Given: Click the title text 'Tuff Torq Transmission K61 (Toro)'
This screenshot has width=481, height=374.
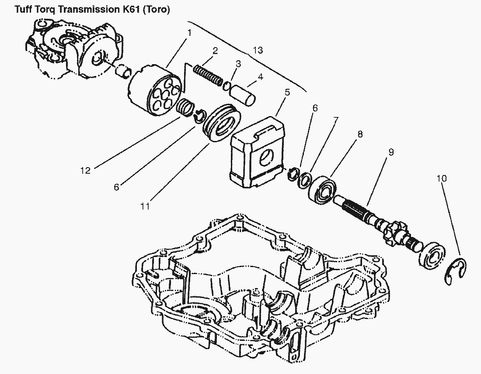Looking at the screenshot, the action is [x=92, y=10].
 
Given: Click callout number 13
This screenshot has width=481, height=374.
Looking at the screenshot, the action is [x=258, y=50].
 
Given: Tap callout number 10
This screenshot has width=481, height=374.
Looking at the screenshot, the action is [x=442, y=178].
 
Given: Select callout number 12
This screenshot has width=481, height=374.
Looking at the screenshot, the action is [x=86, y=171].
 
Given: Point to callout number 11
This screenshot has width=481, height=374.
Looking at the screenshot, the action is [x=145, y=206].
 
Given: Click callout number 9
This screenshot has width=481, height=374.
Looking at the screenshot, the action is [x=391, y=152].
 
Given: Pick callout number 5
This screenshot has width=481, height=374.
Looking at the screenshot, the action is [x=287, y=92].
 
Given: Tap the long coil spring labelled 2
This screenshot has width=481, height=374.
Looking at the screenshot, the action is [x=208, y=75].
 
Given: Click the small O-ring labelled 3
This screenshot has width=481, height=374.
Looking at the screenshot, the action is [x=227, y=86].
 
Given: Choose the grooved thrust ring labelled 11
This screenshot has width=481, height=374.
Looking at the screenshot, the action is [x=222, y=123].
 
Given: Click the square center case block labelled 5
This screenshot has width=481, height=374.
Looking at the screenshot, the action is [x=258, y=152].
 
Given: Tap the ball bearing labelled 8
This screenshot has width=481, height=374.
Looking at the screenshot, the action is [x=323, y=189].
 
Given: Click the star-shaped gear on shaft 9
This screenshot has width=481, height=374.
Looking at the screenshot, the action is [x=394, y=232].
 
